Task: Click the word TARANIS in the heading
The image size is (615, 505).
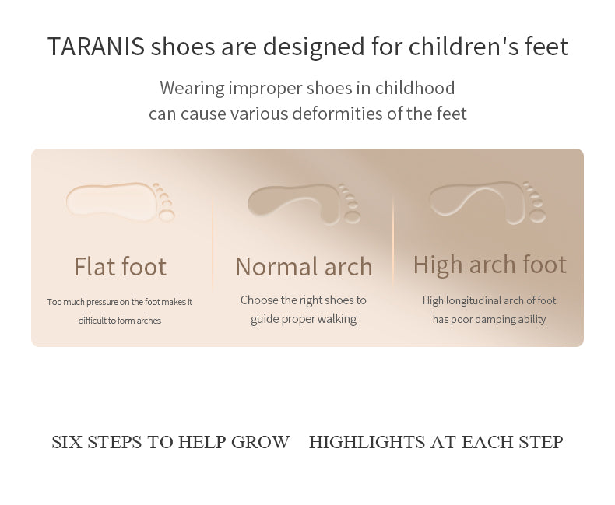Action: click(x=96, y=46)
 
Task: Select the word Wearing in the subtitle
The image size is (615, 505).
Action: click(x=192, y=89)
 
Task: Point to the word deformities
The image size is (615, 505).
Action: click(x=337, y=114)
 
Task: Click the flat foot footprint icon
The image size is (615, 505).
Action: click(x=121, y=202)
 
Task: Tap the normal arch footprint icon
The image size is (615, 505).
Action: click(x=304, y=204)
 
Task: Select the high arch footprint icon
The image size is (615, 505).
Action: click(x=487, y=202)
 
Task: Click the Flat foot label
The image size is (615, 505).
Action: click(x=120, y=267)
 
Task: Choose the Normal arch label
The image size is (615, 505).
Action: click(x=304, y=267)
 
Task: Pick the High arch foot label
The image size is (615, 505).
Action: click(x=490, y=265)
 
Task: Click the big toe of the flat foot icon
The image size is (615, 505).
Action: click(x=167, y=216)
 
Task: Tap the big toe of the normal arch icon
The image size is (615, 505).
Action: click(x=353, y=217)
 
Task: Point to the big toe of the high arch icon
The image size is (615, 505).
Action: click(x=537, y=216)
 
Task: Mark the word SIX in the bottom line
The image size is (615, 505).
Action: click(x=67, y=442)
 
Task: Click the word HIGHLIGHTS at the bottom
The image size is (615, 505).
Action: click(x=367, y=442)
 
